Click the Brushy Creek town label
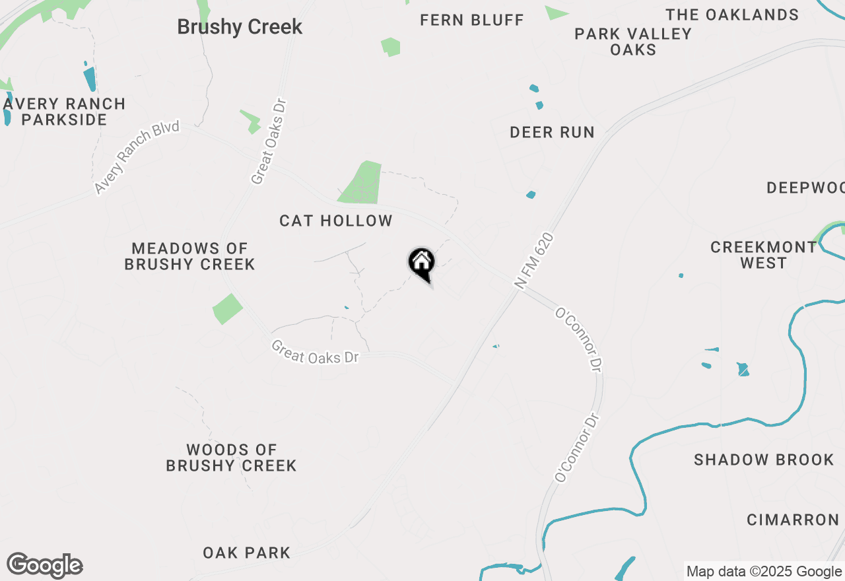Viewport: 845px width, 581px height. [240, 27]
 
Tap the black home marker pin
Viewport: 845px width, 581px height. [421, 263]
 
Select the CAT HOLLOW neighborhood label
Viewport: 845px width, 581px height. [336, 221]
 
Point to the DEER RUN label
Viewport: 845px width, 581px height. [552, 132]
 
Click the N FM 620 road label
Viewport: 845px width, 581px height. [533, 261]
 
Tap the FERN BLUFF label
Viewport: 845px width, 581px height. [472, 20]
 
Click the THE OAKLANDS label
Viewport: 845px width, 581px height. [732, 15]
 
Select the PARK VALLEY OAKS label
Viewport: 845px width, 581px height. [633, 42]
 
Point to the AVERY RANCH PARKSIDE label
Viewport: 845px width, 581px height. [64, 112]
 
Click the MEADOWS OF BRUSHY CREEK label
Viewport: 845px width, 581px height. [190, 256]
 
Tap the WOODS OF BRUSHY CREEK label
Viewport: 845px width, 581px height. [231, 458]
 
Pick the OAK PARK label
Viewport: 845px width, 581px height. [246, 553]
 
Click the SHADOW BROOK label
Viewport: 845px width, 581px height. [764, 460]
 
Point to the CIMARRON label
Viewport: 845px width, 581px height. [793, 520]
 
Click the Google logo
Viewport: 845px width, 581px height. [44, 566]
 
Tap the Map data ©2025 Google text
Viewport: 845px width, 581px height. [764, 572]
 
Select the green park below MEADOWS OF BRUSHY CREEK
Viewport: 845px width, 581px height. [227, 308]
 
